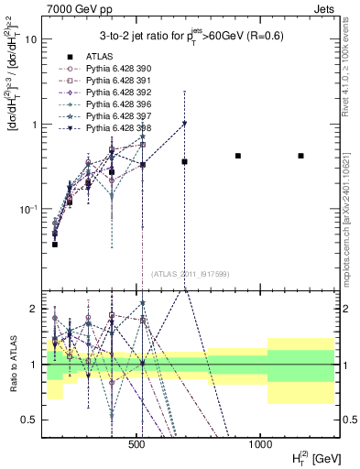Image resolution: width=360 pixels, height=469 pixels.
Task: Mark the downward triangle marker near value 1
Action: click(184, 124)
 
